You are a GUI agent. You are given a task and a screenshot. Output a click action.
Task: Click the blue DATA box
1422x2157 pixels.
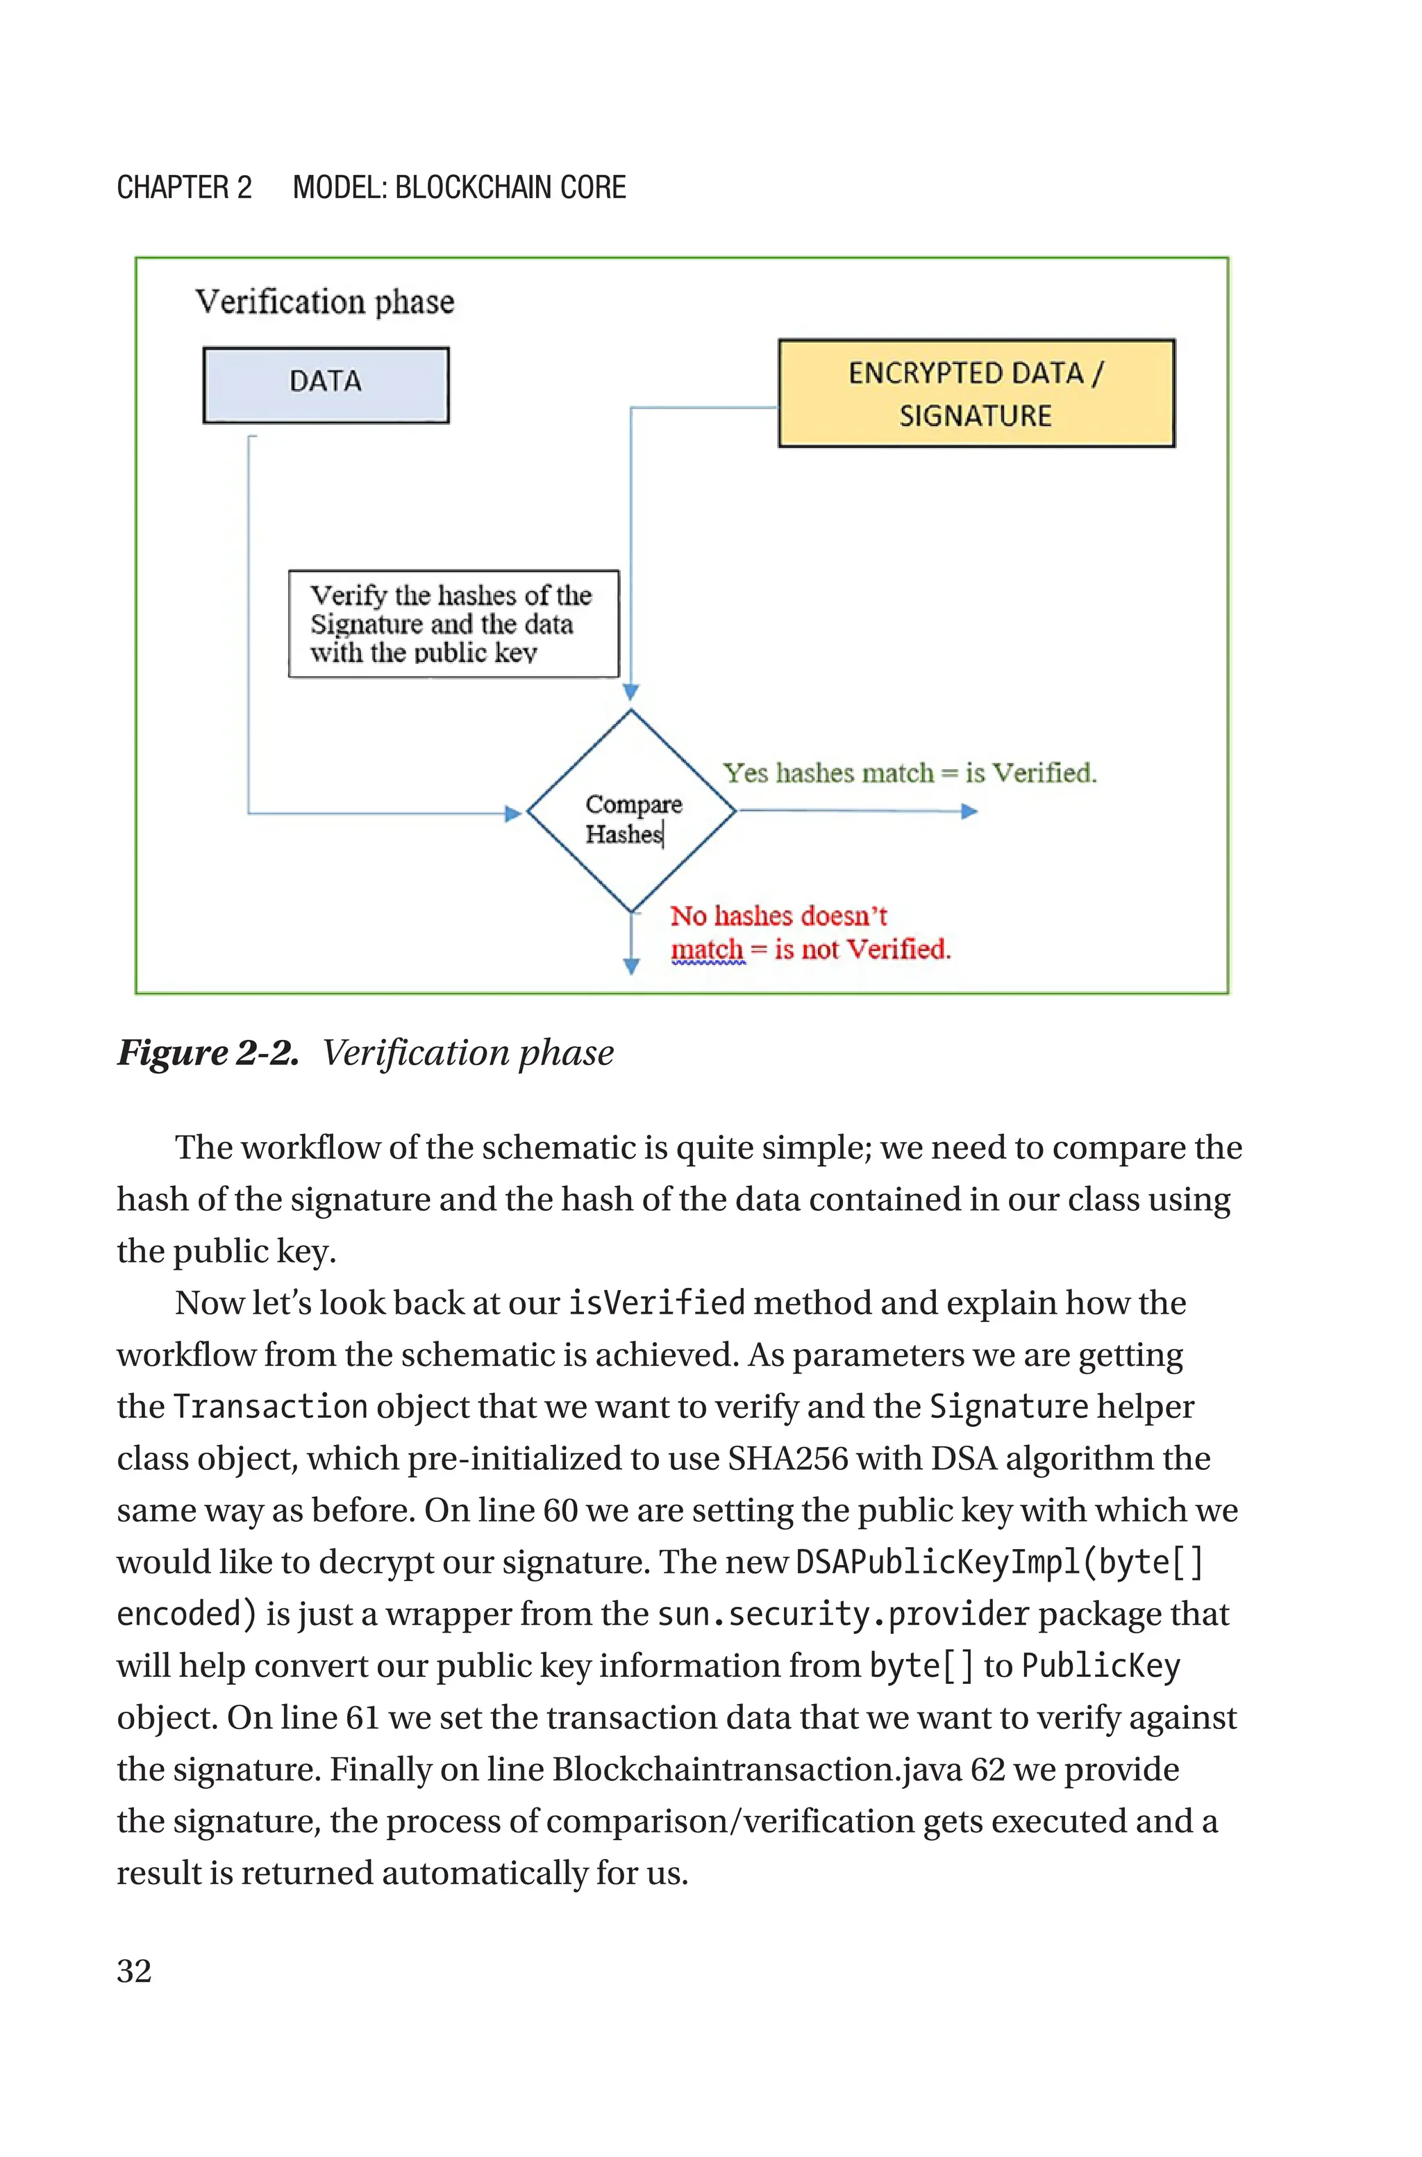pyautogui.click(x=326, y=385)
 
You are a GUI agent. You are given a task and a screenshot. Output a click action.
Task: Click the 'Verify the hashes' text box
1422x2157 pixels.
pyautogui.click(x=453, y=623)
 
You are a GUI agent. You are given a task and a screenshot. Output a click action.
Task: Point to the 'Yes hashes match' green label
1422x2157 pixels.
pyautogui.click(x=910, y=772)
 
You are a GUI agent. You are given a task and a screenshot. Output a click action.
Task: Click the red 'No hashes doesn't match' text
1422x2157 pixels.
pyautogui.click(x=809, y=932)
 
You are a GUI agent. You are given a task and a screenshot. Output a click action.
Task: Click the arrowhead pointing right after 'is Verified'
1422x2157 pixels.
pyautogui.click(x=969, y=811)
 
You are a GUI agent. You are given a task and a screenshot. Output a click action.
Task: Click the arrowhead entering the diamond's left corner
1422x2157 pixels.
pyautogui.click(x=513, y=813)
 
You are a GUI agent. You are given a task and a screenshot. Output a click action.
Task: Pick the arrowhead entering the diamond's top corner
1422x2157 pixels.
pyautogui.click(x=631, y=692)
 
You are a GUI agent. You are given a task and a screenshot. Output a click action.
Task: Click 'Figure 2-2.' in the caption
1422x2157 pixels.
pyautogui.click(x=208, y=1053)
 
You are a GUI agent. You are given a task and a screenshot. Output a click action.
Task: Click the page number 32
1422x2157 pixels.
pyautogui.click(x=134, y=1971)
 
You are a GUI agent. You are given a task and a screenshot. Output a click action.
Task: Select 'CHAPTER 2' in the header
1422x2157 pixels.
pyautogui.click(x=184, y=188)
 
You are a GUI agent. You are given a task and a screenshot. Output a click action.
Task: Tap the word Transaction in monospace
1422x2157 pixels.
pyautogui.click(x=270, y=1407)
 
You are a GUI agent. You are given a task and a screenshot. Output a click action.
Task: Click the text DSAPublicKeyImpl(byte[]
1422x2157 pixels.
pyautogui.click(x=998, y=1562)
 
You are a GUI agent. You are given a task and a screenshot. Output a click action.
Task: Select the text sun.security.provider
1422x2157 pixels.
pyautogui.click(x=842, y=1614)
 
